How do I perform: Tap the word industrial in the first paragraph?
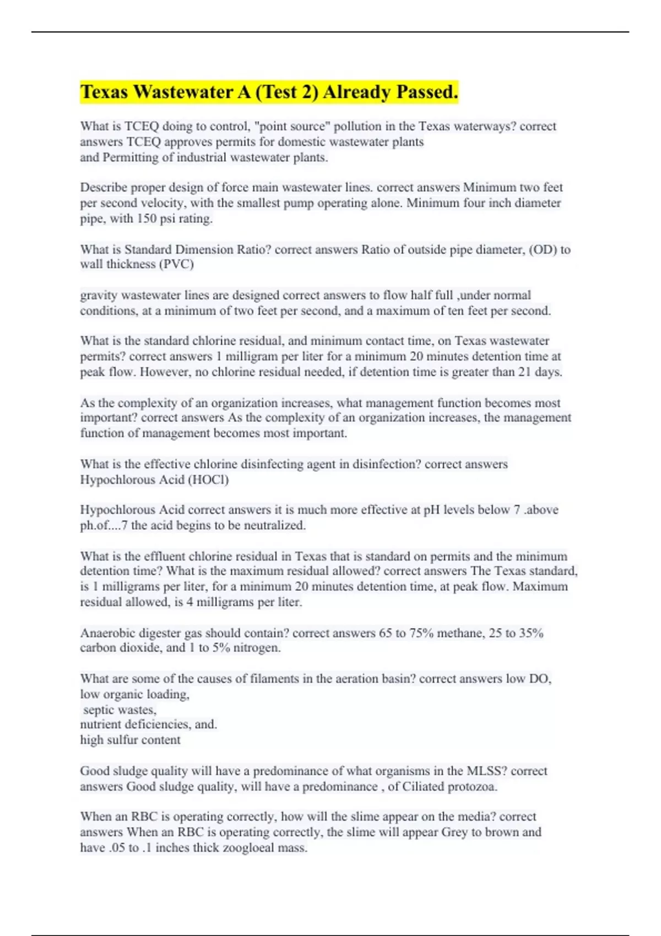201,157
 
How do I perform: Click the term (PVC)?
176,264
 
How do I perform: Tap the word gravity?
99,296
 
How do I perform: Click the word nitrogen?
257,648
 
